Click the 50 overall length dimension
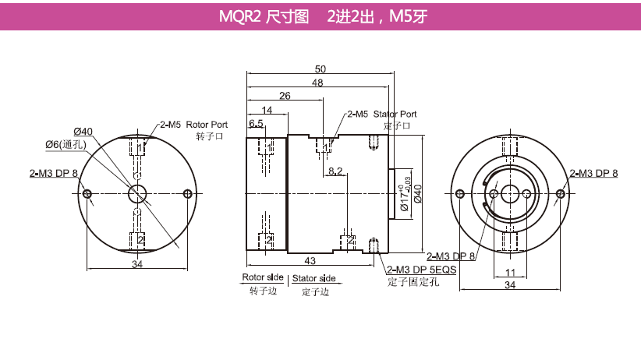point(320,69)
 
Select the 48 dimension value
point(317,83)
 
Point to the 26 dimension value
point(285,96)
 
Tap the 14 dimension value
point(267,110)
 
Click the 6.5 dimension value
point(256,123)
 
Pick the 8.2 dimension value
point(335,171)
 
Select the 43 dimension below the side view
point(310,260)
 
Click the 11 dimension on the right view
point(510,272)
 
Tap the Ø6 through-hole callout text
point(66,144)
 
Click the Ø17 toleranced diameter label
point(405,194)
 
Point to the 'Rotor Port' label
point(207,124)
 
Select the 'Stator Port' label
point(395,114)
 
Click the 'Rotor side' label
point(263,277)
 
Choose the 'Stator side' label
point(313,278)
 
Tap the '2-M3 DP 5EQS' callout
point(421,270)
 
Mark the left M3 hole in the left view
point(87,194)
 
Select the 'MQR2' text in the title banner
point(239,17)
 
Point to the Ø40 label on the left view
point(83,132)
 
